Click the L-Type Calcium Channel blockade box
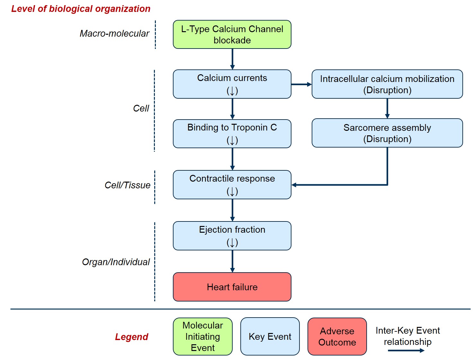pos(232,34)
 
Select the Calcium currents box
pos(232,84)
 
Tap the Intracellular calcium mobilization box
pos(387,84)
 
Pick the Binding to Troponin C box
pos(232,133)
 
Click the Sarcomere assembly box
pos(387,133)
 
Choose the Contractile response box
pos(232,184)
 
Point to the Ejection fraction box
pos(232,236)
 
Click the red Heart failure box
pos(232,287)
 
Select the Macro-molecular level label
pos(114,33)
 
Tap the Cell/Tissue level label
pos(127,185)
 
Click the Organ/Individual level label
pos(116,262)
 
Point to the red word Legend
pos(131,337)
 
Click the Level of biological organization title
pos(81,9)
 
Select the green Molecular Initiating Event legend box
pos(202,337)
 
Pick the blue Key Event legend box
pos(270,337)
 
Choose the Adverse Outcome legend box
pos(337,337)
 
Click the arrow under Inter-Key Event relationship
pos(406,350)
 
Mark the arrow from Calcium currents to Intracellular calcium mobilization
pos(301,84)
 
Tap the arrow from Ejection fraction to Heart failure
pos(232,261)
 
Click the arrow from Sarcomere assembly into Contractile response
pos(341,185)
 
